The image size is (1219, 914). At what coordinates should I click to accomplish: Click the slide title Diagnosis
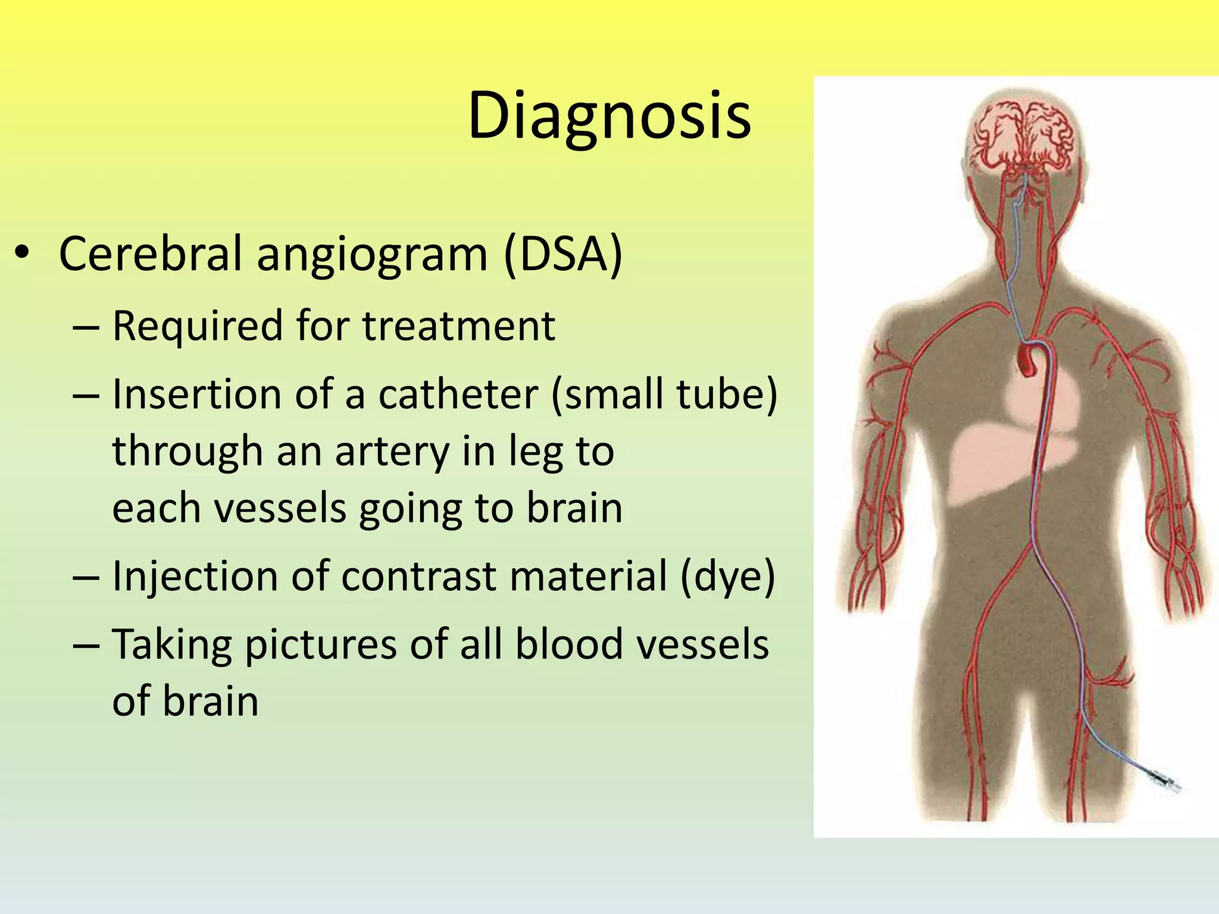click(x=609, y=116)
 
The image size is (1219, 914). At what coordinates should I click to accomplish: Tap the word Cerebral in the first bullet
click(x=151, y=254)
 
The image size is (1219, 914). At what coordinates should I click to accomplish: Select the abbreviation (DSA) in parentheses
click(x=562, y=254)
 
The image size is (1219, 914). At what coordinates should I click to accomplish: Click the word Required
click(x=197, y=326)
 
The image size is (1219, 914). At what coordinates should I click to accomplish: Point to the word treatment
click(x=458, y=326)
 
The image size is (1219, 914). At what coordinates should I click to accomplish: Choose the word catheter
click(x=458, y=395)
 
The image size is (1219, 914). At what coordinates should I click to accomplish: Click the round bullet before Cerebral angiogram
click(x=22, y=254)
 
